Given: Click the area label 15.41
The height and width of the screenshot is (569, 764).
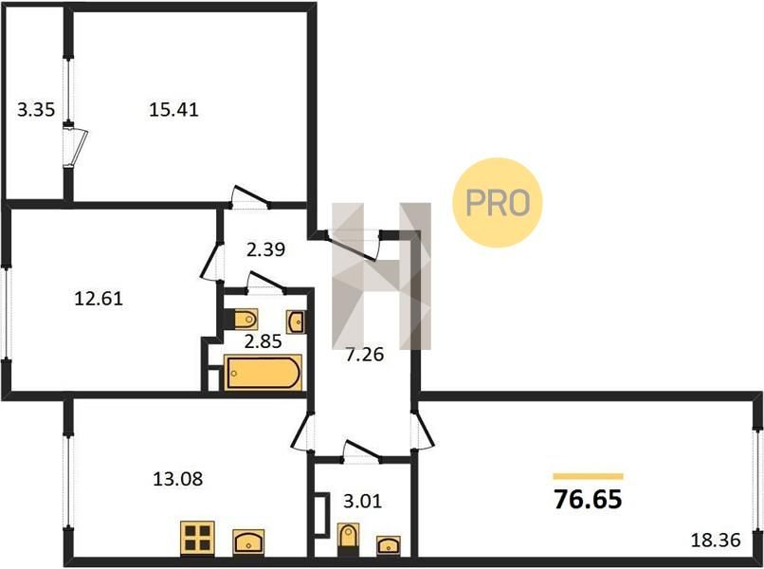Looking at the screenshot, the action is tap(174, 109).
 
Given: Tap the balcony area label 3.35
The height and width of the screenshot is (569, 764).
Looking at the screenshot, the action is tap(36, 109).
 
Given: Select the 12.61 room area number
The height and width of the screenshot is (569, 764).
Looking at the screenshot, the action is tap(99, 298).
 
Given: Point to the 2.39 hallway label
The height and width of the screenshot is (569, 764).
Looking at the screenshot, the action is tap(265, 249).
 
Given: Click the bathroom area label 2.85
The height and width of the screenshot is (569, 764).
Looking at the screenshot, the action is tap(264, 341).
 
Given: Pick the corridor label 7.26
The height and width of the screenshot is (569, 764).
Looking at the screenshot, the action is tap(364, 355).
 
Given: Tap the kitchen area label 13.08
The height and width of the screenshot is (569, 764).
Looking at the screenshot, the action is tap(178, 479).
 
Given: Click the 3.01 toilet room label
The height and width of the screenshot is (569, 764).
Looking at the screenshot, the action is tap(362, 501).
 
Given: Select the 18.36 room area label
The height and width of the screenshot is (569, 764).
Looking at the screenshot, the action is tap(716, 540).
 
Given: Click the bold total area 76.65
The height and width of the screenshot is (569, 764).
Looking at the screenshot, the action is tap(588, 499).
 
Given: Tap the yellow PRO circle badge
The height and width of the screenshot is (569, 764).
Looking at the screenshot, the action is tap(498, 202).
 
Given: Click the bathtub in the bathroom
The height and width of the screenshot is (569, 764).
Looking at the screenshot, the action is tap(263, 373).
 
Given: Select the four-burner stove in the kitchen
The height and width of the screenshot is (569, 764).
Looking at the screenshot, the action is tap(197, 538).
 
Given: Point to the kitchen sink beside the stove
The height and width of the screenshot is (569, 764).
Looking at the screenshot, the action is tap(248, 541).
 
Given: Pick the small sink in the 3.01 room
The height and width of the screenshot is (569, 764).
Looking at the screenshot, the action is tap(389, 544).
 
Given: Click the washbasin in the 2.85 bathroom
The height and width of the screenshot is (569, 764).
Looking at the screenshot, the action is tap(296, 321).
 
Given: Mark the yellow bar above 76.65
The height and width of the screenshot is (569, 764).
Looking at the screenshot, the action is tap(588, 476).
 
